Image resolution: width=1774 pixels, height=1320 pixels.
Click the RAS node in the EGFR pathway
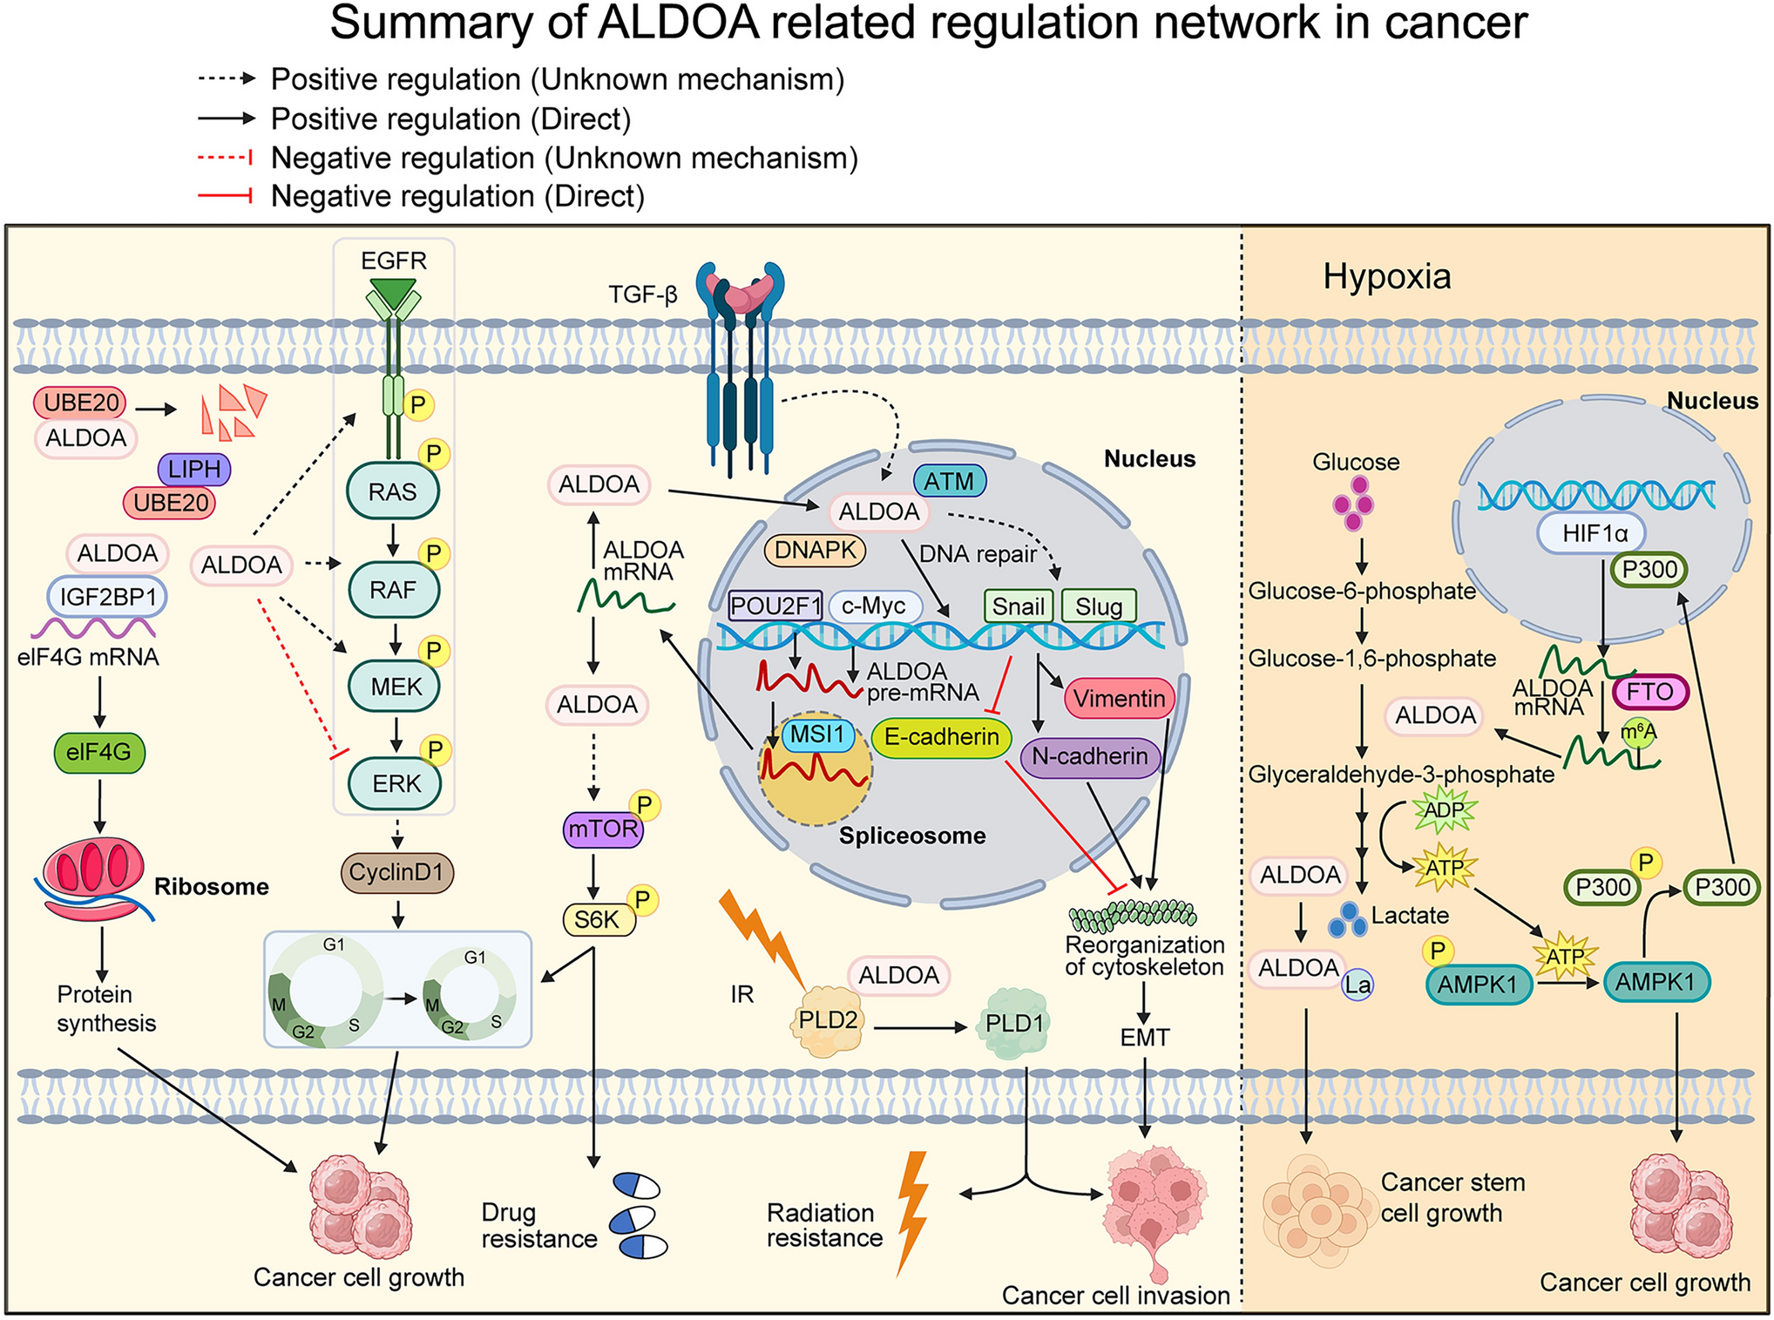392,491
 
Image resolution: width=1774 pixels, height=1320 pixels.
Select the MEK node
395,687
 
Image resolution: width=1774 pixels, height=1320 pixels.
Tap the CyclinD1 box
396,872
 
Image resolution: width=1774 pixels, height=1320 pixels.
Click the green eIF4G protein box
98,752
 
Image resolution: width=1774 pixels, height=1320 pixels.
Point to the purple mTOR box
602,829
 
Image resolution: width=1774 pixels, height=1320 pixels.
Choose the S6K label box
598,919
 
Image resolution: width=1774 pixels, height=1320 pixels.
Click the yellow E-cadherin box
941,737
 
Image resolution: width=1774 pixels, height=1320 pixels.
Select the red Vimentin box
1119,699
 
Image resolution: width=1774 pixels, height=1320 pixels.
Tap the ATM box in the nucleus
949,481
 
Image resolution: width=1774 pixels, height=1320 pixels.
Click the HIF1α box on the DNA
1594,533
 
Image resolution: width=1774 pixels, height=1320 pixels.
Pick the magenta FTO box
1649,692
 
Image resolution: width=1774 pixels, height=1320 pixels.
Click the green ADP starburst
1444,810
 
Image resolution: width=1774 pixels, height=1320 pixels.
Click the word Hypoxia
1386,276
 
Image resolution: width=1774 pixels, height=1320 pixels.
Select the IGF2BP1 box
107,597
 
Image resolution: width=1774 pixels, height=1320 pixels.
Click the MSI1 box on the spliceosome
816,734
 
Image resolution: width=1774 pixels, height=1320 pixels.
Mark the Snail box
1018,606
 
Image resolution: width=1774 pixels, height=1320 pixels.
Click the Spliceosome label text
911,836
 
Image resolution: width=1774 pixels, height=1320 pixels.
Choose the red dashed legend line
225,158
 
